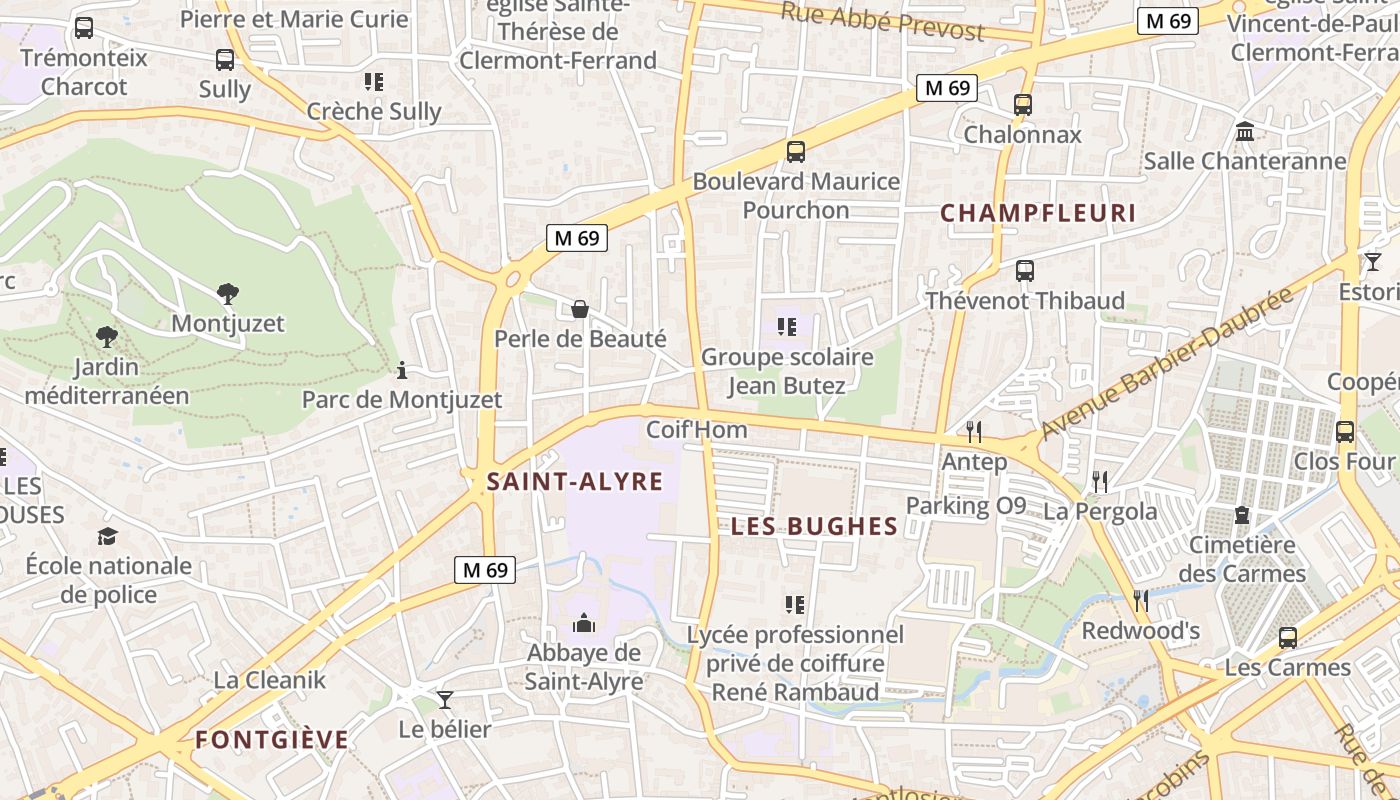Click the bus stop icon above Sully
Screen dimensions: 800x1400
(x=225, y=60)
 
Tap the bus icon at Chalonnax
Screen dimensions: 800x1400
(x=1022, y=104)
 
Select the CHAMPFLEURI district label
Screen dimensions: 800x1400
(x=1038, y=213)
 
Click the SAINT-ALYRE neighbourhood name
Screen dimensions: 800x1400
(x=574, y=482)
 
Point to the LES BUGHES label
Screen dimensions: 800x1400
(x=814, y=527)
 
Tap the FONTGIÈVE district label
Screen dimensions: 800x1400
(x=272, y=740)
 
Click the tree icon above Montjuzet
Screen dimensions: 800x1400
(x=228, y=294)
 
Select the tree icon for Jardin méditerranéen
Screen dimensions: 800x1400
(x=106, y=337)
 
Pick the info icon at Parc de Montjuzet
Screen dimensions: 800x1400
(x=402, y=371)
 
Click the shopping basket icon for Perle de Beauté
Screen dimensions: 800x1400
(x=579, y=310)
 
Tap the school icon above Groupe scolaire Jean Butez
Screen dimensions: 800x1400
(x=786, y=327)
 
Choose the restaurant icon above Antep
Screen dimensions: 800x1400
(x=974, y=431)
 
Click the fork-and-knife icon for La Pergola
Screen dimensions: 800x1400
(x=1100, y=482)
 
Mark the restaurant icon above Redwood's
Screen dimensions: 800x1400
(x=1141, y=600)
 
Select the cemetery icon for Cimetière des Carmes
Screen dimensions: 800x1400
(x=1242, y=515)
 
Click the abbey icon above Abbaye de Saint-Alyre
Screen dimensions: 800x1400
(x=584, y=624)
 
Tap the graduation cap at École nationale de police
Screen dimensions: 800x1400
(x=107, y=536)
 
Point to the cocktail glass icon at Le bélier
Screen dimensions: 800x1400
(x=445, y=699)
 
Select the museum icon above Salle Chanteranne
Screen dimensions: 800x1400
(x=1245, y=131)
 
